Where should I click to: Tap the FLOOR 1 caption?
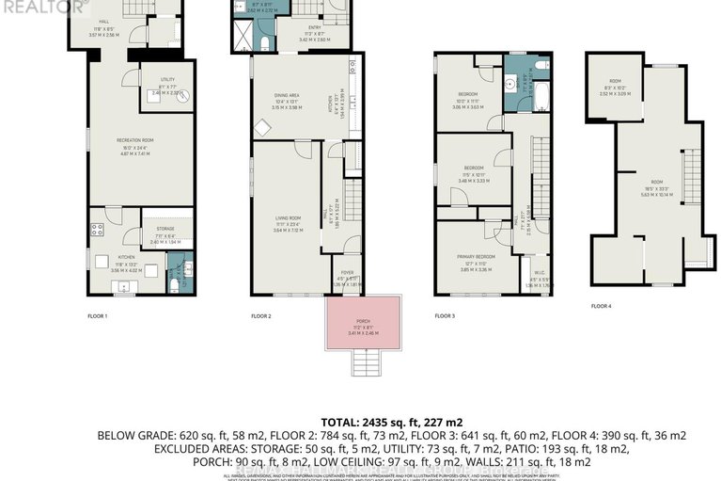tap(99, 316)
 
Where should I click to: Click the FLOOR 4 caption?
tap(602, 306)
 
